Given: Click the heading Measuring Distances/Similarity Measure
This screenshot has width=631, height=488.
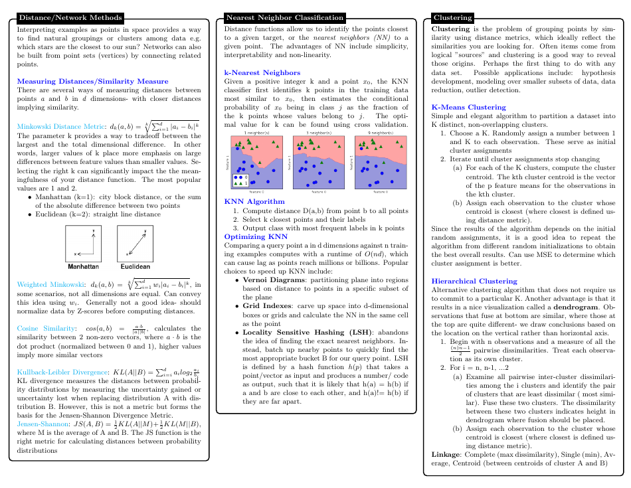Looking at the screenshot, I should (x=83, y=81).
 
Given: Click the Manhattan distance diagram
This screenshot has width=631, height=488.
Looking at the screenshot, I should (x=84, y=243).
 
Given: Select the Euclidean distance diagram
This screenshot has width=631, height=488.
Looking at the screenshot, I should (x=135, y=243).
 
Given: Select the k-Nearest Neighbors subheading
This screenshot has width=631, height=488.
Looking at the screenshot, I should (x=262, y=72).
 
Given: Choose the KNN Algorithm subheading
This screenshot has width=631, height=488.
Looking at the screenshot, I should (x=254, y=201).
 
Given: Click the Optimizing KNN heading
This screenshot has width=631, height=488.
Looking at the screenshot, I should (x=256, y=236).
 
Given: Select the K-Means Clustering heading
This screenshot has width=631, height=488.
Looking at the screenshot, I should (x=468, y=107).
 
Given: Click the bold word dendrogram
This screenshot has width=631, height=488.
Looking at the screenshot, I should (x=581, y=307).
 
